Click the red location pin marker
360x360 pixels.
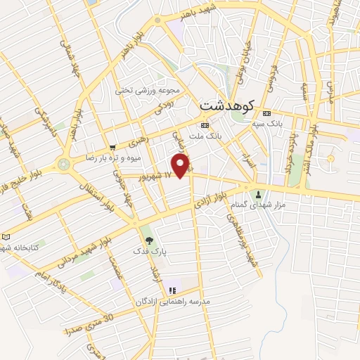(181, 165)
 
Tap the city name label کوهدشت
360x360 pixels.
(226, 104)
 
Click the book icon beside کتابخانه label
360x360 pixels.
(6, 237)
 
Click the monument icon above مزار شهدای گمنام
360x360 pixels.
(259, 194)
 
